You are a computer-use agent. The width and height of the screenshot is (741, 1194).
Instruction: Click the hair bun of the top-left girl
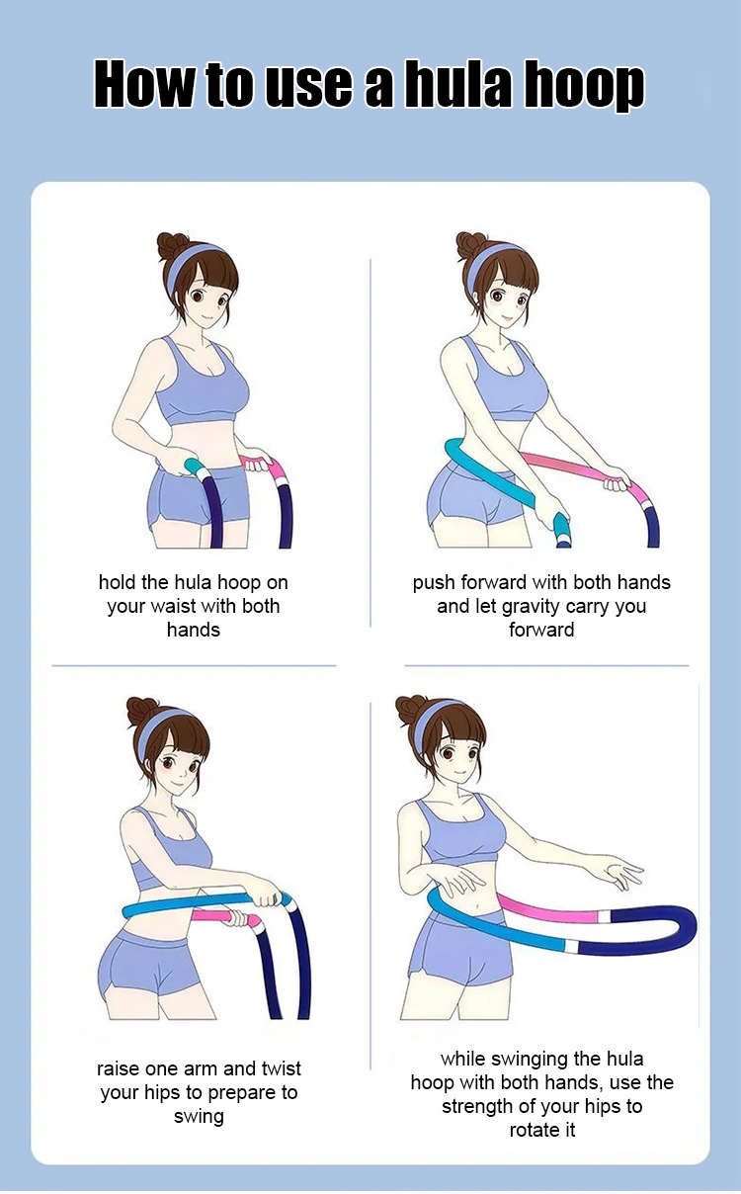[x=171, y=246]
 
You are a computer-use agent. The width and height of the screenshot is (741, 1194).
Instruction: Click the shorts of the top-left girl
[x=199, y=495]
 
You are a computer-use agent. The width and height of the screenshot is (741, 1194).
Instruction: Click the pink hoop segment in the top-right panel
[x=575, y=470]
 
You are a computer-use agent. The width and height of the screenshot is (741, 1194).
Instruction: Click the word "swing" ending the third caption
[x=199, y=1117]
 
